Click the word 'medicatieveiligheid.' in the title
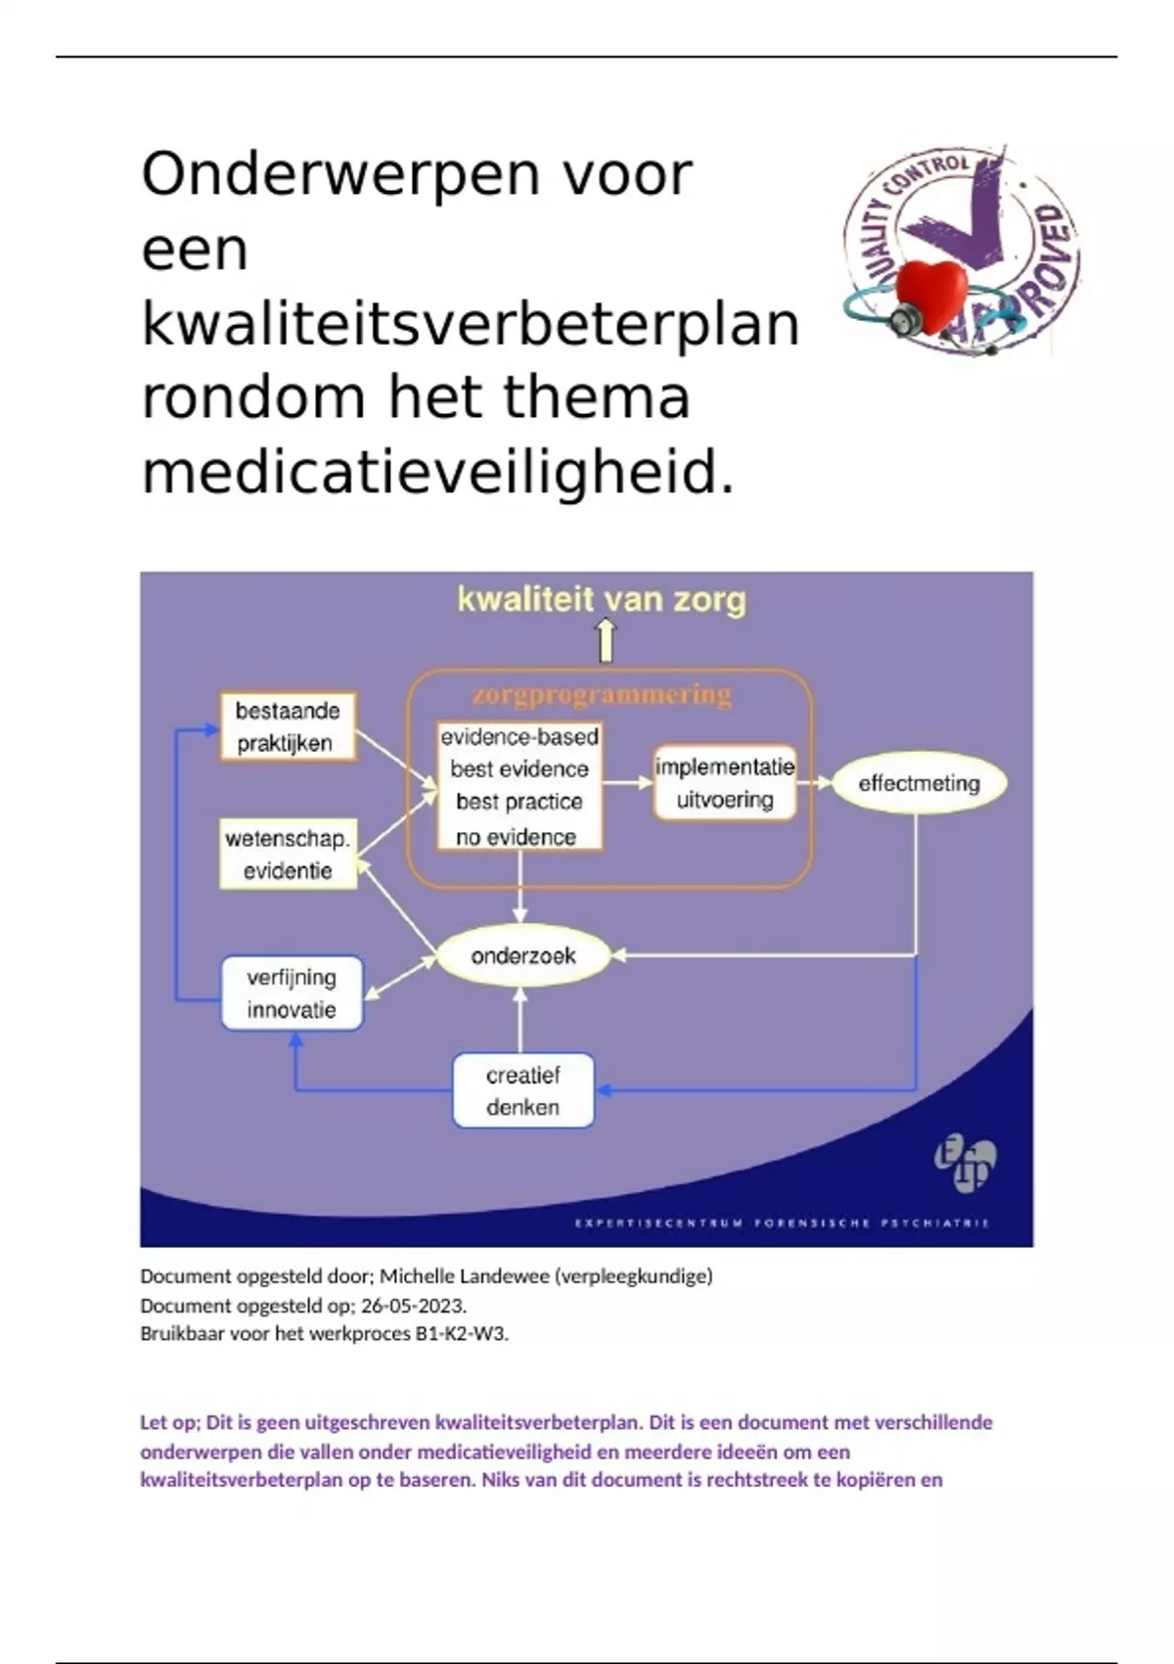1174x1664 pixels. click(437, 474)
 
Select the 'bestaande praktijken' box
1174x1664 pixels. click(287, 726)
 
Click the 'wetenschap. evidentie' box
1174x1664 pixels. click(288, 855)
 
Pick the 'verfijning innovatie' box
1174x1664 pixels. click(292, 994)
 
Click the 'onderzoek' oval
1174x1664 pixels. click(523, 956)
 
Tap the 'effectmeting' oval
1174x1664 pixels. click(919, 783)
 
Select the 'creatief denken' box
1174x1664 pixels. click(523, 1090)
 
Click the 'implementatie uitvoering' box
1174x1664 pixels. click(725, 783)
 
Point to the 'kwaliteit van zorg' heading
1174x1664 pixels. click(602, 599)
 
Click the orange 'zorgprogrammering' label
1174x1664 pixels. click(602, 695)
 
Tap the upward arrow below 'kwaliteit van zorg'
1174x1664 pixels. click(607, 641)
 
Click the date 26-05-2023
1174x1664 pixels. click(413, 1306)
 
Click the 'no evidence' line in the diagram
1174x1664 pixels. click(516, 837)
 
